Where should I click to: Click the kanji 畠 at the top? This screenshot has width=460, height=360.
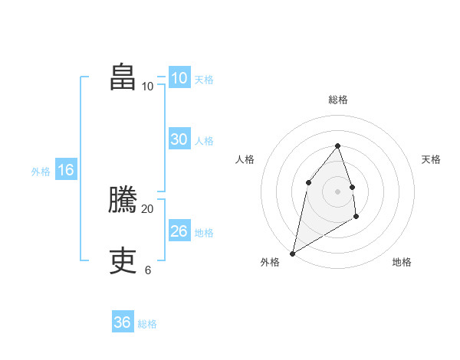pos(123,77)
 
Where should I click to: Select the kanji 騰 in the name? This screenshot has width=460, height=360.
pos(123,200)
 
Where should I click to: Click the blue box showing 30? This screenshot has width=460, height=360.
pos(179,139)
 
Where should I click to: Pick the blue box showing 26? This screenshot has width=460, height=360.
pos(179,231)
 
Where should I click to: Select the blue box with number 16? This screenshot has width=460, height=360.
pos(66,170)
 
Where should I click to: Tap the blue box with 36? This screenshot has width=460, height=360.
pos(123,322)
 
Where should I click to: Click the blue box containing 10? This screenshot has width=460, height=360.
pos(179,78)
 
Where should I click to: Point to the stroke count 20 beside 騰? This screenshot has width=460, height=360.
pos(148,208)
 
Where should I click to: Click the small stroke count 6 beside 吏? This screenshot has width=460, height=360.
pos(148,270)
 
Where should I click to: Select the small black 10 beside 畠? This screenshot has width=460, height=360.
pos(148,86)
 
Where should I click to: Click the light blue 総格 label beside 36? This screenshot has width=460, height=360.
pos(147,324)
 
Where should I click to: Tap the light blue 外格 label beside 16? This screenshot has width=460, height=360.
pos(41,172)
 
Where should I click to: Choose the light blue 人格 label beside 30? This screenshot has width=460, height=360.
pos(204,141)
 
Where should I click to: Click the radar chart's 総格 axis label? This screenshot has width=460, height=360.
pos(338,100)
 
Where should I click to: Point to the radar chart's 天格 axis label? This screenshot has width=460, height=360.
pos(432,159)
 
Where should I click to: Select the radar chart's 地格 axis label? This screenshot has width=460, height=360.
pos(402,262)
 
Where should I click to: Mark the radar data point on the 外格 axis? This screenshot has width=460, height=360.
pos(293,253)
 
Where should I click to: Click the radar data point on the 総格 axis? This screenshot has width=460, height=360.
pos(338,146)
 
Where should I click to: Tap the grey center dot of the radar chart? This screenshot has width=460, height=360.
pos(338,191)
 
